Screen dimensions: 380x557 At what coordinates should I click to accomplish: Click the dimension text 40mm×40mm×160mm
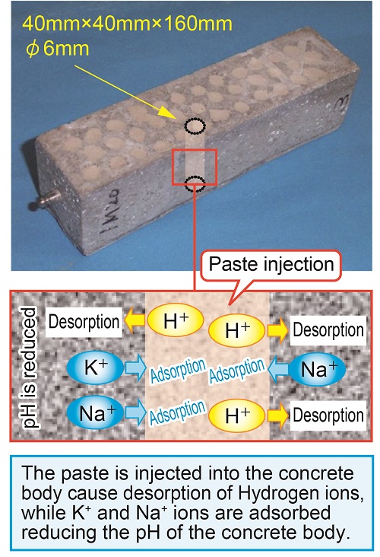click(x=127, y=24)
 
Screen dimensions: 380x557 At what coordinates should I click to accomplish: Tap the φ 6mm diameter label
click(x=57, y=48)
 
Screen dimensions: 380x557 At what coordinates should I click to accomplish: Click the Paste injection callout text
click(x=271, y=264)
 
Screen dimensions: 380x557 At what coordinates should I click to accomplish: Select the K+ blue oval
click(x=95, y=368)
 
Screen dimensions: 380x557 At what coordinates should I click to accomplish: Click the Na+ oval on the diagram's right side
click(x=317, y=370)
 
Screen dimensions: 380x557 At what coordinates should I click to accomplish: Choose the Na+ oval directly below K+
click(x=95, y=412)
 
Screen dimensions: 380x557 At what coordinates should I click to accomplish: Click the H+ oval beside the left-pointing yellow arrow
click(x=176, y=320)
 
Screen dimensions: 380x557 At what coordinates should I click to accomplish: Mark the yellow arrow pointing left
click(x=135, y=320)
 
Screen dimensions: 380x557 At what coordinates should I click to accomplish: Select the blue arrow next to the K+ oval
click(x=135, y=368)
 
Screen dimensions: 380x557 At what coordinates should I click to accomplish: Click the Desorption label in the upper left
click(x=84, y=322)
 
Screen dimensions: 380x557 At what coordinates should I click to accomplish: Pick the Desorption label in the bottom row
click(x=328, y=415)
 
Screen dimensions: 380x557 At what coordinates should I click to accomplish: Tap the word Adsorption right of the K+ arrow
click(x=178, y=370)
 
